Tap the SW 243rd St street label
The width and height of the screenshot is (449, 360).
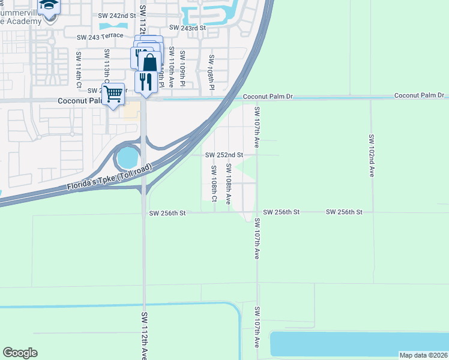click(187, 28)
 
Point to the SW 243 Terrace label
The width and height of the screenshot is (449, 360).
click(100, 37)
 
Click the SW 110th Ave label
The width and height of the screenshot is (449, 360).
click(171, 67)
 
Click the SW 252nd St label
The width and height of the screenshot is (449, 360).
click(224, 155)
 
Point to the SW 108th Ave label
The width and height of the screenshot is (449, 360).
click(228, 184)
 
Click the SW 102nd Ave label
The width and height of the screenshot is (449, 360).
click(371, 155)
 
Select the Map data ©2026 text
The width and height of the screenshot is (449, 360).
click(423, 355)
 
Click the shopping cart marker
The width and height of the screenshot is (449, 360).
click(113, 94)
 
